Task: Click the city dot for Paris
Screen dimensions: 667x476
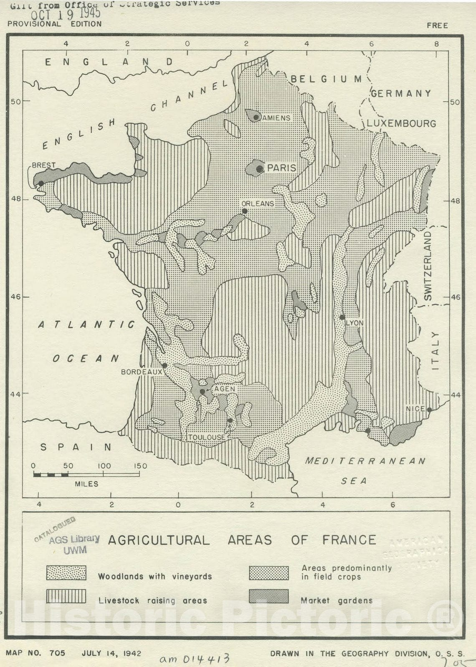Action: click(260, 169)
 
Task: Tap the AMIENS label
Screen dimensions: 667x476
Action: click(276, 118)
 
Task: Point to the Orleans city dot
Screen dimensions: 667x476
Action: click(245, 211)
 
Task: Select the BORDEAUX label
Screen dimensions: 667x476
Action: click(141, 372)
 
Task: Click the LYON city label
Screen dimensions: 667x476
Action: click(355, 323)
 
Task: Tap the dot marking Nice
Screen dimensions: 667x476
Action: click(429, 409)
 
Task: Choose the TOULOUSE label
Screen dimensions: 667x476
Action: click(206, 437)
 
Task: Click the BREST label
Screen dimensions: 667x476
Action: click(44, 165)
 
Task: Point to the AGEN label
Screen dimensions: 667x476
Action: click(225, 389)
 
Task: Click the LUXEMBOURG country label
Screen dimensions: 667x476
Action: click(401, 123)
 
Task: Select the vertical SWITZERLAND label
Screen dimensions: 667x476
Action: click(428, 266)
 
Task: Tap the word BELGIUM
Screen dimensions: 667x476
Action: click(326, 79)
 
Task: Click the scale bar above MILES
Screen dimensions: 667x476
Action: click(51, 475)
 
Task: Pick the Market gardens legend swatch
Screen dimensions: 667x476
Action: click(268, 597)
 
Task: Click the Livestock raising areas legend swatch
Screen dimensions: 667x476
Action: click(66, 597)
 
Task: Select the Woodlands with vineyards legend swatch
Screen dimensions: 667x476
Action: click(66, 573)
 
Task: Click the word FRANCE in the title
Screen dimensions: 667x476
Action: click(349, 540)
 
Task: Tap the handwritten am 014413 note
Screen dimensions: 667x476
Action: click(195, 658)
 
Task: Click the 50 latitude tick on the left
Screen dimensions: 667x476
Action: click(15, 101)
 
